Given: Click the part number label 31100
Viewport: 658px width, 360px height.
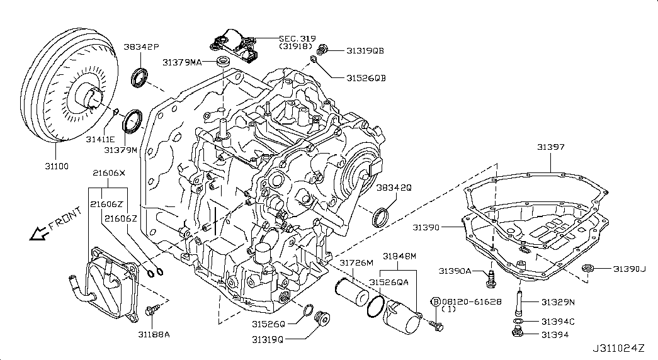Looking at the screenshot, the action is [x=57, y=166].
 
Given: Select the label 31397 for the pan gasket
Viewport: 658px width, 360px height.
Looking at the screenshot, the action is [x=551, y=147].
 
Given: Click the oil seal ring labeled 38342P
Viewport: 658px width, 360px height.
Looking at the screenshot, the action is [x=140, y=77].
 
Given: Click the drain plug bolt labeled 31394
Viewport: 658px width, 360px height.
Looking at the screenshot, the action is [x=518, y=334].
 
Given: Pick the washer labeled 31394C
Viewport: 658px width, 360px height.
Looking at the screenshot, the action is [x=518, y=322].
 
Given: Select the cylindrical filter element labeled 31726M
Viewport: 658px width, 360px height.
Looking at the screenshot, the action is [x=351, y=293].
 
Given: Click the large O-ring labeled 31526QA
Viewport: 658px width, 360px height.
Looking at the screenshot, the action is [x=375, y=306].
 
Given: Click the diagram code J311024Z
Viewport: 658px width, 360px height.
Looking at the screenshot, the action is [x=618, y=348].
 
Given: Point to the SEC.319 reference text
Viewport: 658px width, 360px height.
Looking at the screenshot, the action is [x=298, y=38].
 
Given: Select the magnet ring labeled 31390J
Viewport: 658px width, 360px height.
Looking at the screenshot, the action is [x=587, y=268].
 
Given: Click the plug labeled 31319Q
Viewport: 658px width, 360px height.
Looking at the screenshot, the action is [x=323, y=318].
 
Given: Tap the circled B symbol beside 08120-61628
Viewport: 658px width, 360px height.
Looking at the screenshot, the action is [x=436, y=301].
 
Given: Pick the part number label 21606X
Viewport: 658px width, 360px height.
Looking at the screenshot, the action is [x=109, y=173].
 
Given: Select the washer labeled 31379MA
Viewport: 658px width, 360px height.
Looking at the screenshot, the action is [x=222, y=62].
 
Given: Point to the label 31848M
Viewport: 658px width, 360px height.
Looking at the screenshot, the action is [x=399, y=256].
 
